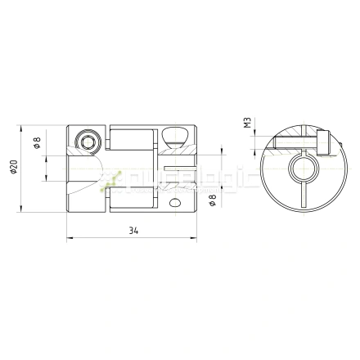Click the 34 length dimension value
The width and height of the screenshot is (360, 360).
tap(132, 232)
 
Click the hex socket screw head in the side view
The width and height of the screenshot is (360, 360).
tap(88, 142)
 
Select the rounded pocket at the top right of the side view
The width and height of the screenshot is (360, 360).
tap(173, 135)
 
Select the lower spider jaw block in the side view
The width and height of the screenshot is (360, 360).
tap(131, 196)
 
